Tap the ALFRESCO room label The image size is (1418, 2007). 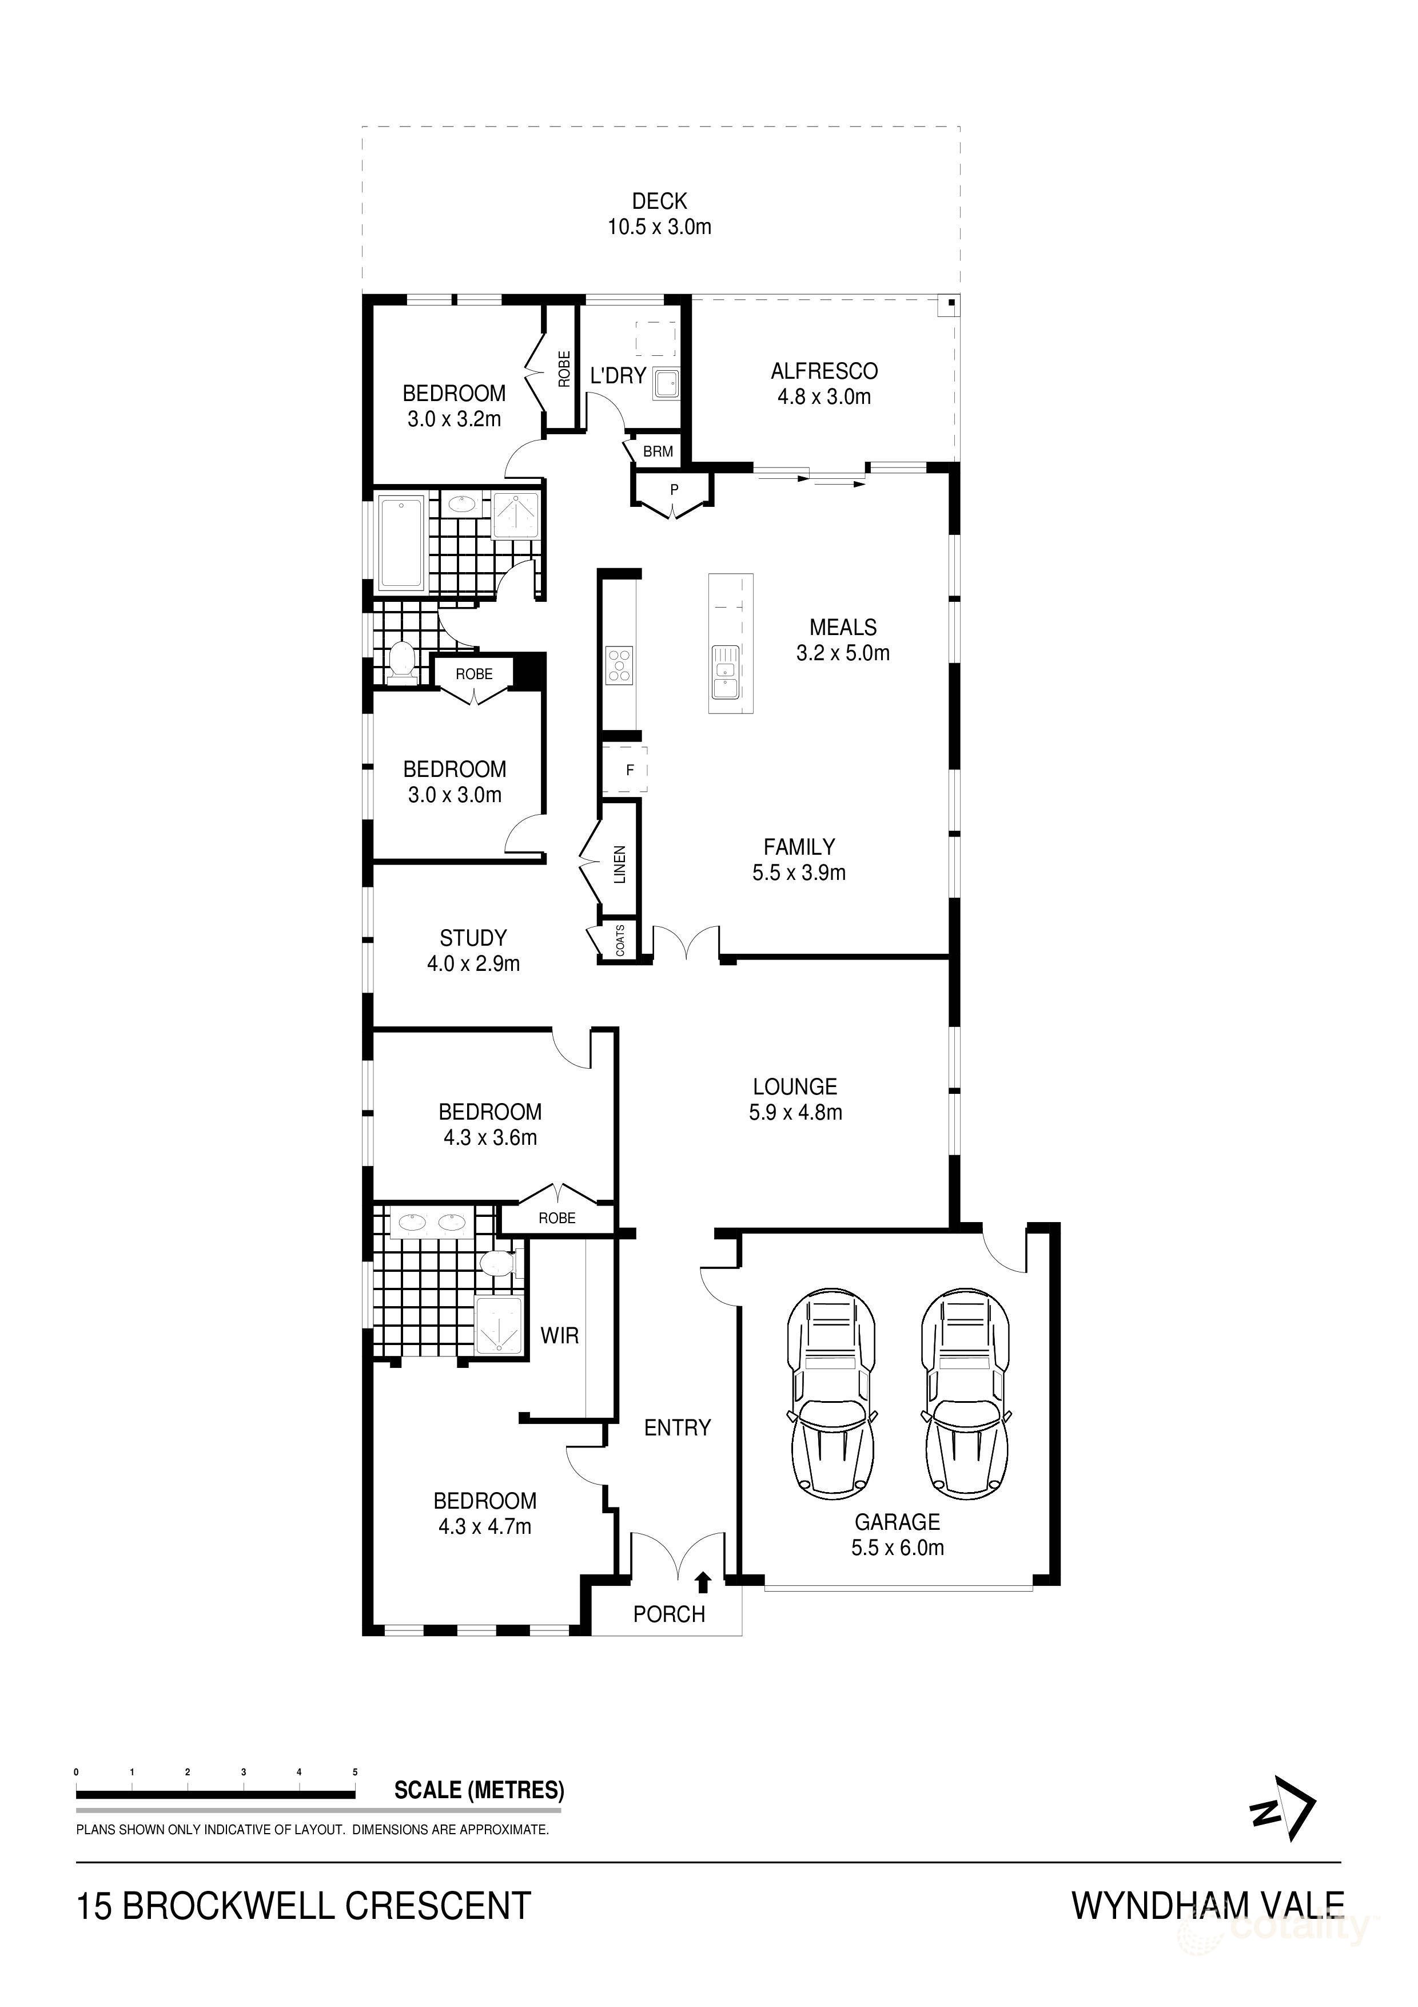(x=824, y=371)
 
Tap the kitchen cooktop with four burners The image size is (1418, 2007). (x=619, y=664)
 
